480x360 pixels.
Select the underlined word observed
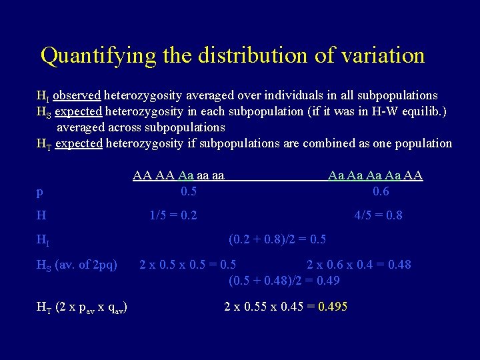(x=77, y=95)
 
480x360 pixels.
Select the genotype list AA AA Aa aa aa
(x=178, y=176)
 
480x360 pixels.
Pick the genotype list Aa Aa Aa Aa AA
(x=375, y=176)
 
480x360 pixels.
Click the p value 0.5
(x=189, y=192)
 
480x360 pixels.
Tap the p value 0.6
(x=381, y=192)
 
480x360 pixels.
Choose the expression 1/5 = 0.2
(x=173, y=216)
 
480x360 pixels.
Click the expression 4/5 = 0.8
(x=378, y=216)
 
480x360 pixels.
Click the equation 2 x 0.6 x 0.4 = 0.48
(x=358, y=265)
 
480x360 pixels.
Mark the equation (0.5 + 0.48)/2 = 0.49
(x=284, y=281)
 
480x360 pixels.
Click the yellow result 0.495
(x=333, y=307)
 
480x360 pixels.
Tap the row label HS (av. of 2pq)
(x=76, y=265)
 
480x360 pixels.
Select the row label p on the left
(x=40, y=193)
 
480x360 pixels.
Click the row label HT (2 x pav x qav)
(x=81, y=307)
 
